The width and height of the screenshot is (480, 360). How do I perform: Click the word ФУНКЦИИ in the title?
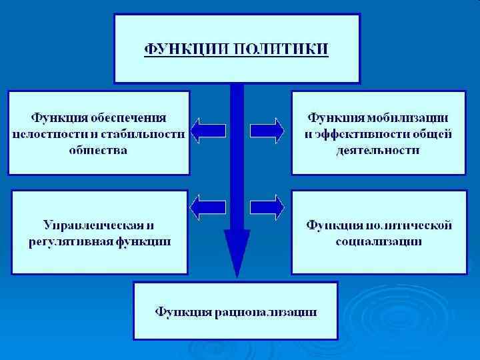pos(182,49)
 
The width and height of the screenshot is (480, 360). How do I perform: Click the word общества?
pos(99,151)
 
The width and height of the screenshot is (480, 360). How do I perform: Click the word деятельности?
pos(378,151)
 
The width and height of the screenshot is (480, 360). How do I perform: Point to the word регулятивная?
pos(63,241)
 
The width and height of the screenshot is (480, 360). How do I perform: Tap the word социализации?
pos(378,241)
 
